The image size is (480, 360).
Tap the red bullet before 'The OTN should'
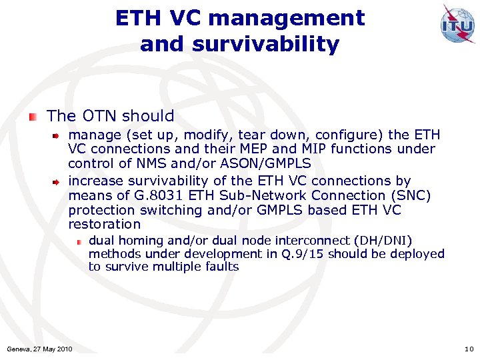33,117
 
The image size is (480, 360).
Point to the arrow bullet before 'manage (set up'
58,135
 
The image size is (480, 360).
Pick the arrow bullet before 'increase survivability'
58,181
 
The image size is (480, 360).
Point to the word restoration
105,225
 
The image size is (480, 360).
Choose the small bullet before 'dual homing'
79,241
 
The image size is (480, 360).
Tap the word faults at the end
221,267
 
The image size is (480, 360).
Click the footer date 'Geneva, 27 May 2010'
39,349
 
